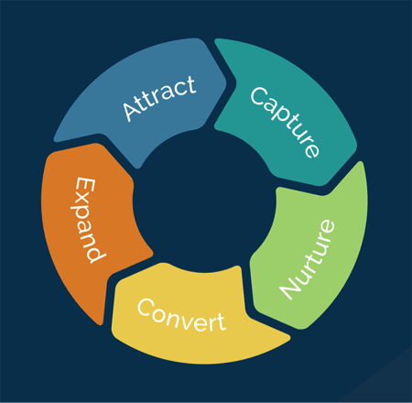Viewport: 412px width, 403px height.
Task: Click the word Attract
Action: coord(159,98)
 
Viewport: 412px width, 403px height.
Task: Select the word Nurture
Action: coord(307,260)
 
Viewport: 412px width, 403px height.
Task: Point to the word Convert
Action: coord(182,315)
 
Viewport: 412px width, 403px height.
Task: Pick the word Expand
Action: coord(88,220)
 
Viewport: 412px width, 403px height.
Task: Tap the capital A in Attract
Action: coord(132,110)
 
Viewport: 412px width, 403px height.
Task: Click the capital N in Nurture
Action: coord(290,287)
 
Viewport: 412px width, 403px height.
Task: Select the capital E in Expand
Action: coord(85,187)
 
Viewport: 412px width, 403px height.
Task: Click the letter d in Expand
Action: coord(93,253)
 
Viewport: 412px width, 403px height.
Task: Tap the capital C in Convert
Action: coord(146,307)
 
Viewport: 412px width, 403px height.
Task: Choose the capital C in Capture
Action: coord(259,95)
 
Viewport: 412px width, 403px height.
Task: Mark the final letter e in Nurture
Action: coord(327,228)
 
